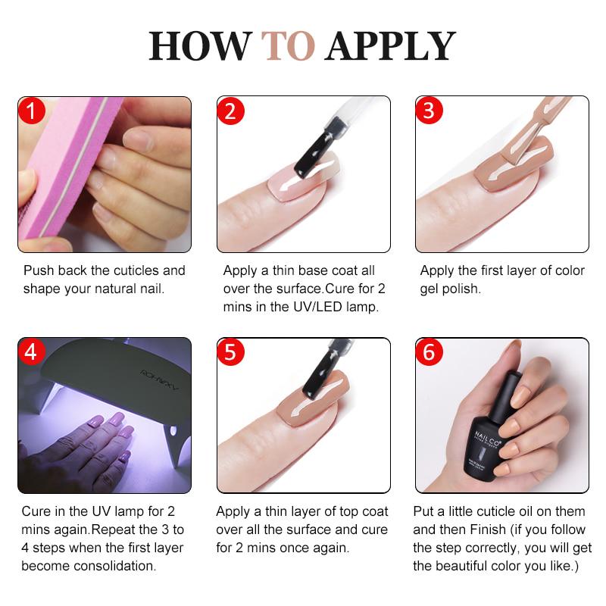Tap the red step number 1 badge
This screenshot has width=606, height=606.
(x=32, y=111)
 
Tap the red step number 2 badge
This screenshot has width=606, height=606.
(x=231, y=111)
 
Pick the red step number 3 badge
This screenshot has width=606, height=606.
(x=430, y=111)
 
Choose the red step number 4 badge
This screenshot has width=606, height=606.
(x=32, y=353)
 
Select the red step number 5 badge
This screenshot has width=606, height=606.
(x=231, y=353)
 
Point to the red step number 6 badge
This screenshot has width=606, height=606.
(x=430, y=353)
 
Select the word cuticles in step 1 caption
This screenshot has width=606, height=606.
(x=117, y=270)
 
